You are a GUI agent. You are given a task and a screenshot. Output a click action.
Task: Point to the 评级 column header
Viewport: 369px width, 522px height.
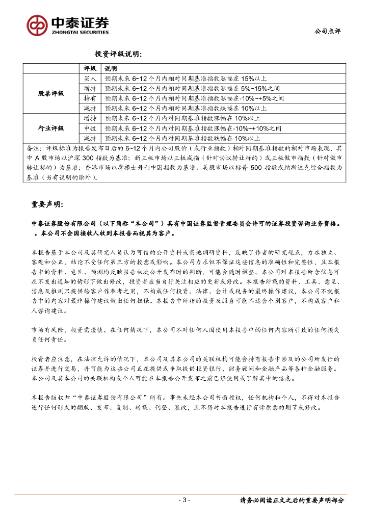90,68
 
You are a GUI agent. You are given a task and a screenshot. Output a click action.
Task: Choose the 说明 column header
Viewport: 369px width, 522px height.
111,68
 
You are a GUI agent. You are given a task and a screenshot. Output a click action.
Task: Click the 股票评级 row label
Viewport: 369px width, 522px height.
51,93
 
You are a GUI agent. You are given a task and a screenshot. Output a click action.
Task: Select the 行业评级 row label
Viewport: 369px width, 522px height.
51,127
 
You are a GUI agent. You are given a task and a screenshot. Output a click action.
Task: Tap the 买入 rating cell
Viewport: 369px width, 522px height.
90,79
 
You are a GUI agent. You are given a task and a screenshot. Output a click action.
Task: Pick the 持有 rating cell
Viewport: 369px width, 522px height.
90,98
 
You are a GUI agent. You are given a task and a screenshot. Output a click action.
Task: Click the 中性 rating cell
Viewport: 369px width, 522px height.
90,128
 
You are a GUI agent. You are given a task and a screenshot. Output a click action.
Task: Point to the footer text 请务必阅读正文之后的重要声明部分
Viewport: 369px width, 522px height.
292,500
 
